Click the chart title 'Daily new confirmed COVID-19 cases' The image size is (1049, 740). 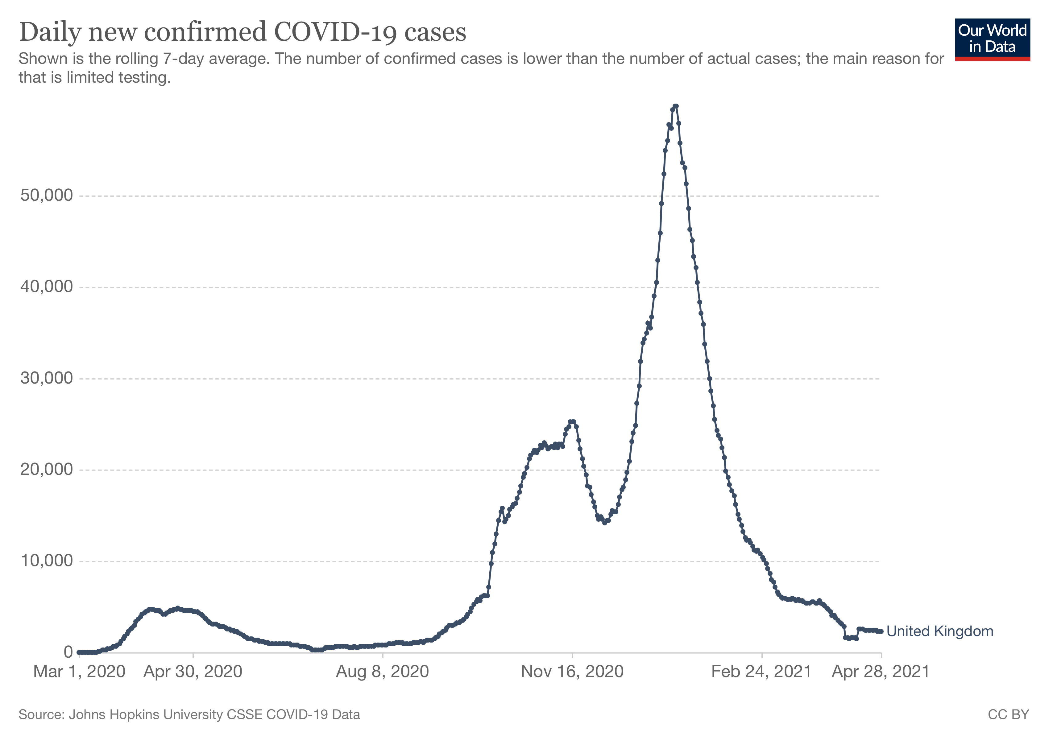coord(243,32)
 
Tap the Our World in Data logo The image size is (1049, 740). coord(992,40)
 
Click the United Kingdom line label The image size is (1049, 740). coord(940,631)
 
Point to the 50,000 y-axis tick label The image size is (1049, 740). coord(47,195)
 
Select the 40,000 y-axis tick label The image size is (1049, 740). coord(47,287)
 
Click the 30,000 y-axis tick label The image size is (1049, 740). coord(47,378)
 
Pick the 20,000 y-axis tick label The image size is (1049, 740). coord(47,469)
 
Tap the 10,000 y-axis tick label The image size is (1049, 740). coord(47,561)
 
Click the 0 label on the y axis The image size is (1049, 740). coord(68,652)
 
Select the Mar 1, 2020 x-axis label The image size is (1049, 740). coord(80,672)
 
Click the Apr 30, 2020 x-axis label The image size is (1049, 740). coord(193,672)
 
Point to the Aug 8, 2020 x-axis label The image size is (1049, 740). coord(382,672)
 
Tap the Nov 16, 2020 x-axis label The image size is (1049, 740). coord(572,672)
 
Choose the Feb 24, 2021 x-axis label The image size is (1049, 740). coord(762,672)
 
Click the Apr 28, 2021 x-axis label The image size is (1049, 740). coord(881,672)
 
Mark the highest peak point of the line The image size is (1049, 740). coord(676,106)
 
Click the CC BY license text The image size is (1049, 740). coord(1008,714)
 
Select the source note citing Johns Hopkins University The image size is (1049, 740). coord(189,714)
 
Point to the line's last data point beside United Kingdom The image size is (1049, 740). coord(881,631)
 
